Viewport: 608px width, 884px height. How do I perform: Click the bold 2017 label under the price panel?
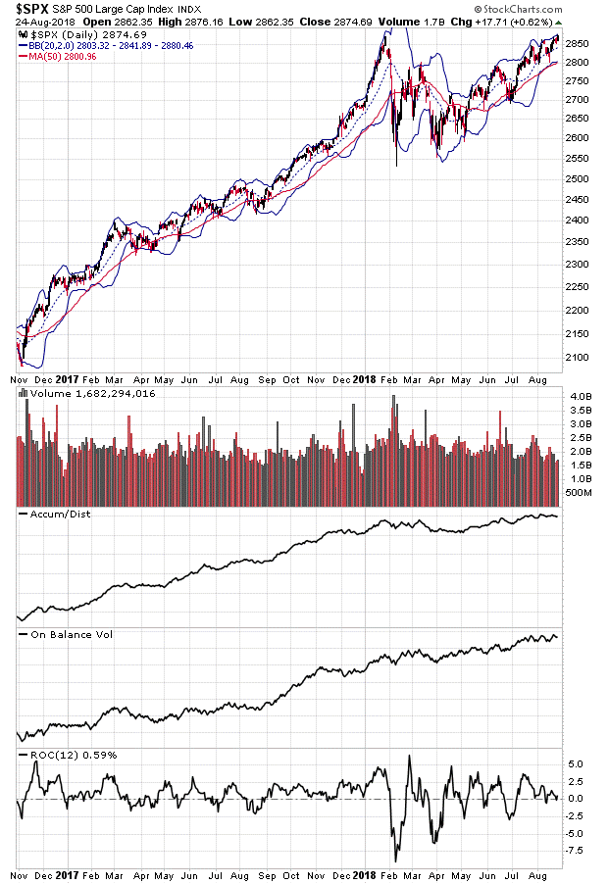[x=67, y=379]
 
